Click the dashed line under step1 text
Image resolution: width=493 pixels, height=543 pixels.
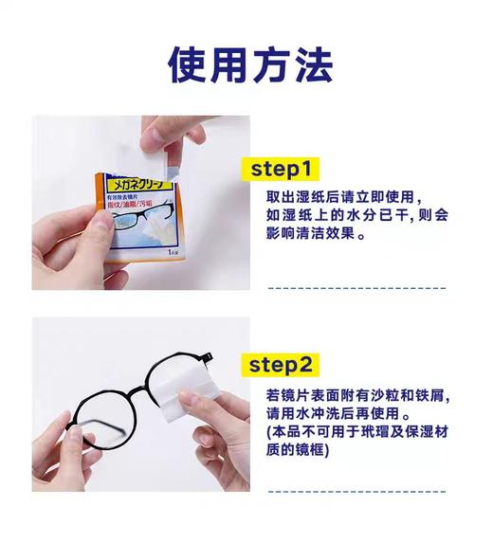coord(356,286)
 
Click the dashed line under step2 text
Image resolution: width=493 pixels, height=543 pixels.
coord(356,491)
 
